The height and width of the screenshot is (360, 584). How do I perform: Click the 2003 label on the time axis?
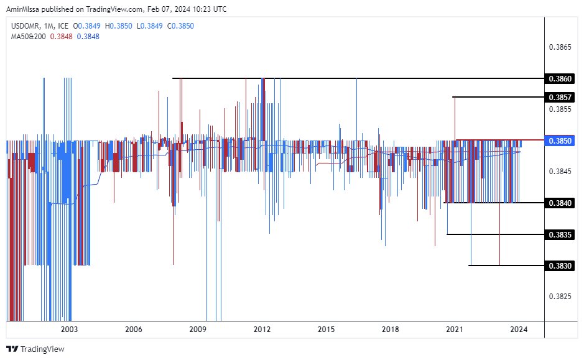click(69, 329)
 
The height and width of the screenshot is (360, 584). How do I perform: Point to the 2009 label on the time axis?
click(198, 329)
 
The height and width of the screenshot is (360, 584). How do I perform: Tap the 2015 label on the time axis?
click(326, 329)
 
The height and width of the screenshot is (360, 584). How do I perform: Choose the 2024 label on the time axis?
click(518, 329)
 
